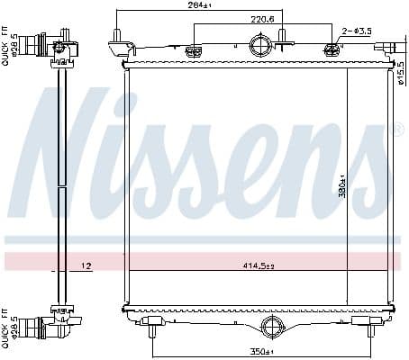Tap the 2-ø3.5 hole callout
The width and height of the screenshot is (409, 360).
pyautogui.click(x=357, y=31)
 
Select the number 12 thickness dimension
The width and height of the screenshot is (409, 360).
pyautogui.click(x=86, y=265)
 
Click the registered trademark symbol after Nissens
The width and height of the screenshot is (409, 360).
pyautogui.click(x=397, y=130)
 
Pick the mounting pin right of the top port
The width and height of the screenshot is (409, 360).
pyautogui.click(x=282, y=38)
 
